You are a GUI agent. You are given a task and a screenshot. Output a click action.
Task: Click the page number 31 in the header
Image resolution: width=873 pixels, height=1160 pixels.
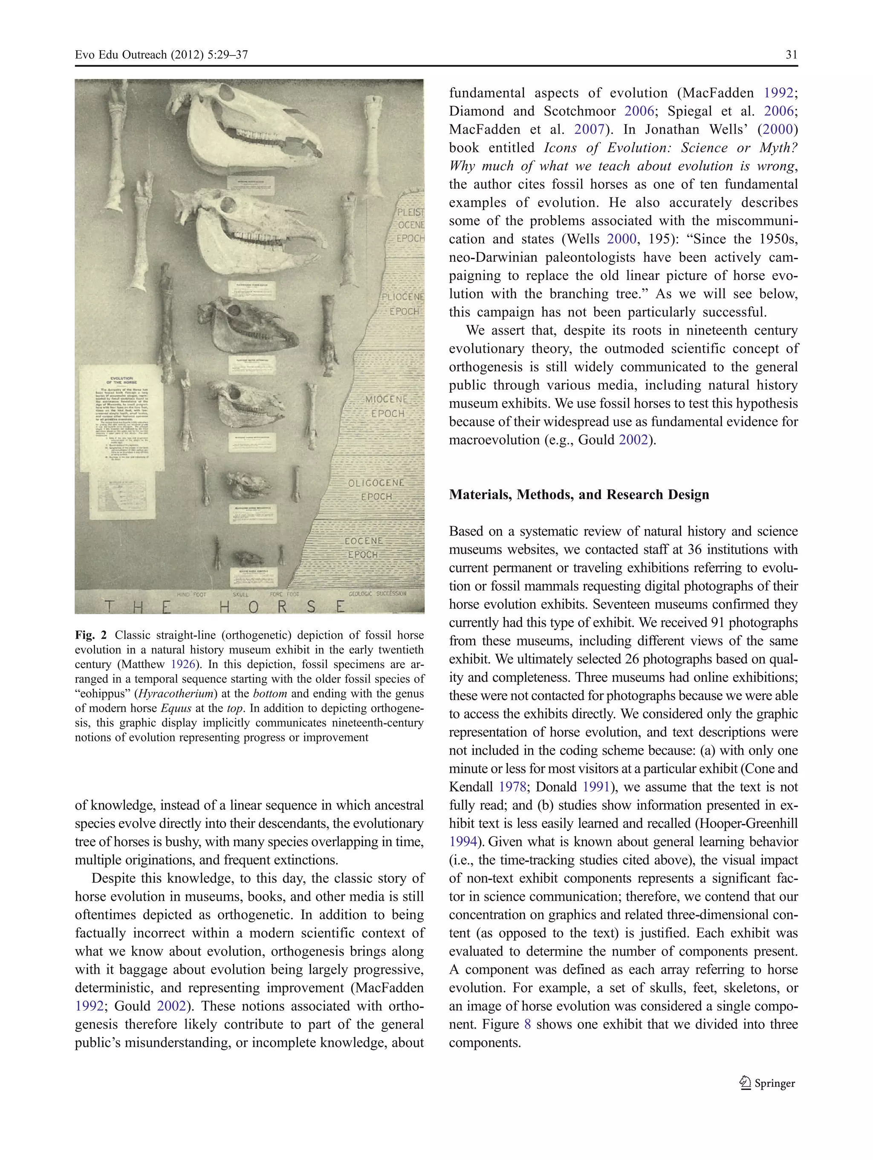791,55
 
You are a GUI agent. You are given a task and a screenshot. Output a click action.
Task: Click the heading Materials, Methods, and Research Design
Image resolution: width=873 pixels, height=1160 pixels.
579,495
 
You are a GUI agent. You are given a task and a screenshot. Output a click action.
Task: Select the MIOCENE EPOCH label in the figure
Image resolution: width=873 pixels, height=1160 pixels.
387,406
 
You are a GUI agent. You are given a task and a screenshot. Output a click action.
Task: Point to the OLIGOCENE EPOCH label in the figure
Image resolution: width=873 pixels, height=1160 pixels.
376,489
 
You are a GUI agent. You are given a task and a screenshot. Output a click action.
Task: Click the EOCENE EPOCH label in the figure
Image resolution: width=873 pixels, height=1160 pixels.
363,547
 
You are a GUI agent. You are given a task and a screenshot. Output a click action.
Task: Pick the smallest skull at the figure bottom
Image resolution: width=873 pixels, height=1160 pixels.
249,558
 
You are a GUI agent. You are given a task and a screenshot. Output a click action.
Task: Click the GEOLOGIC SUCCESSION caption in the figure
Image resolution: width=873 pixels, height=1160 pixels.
377,593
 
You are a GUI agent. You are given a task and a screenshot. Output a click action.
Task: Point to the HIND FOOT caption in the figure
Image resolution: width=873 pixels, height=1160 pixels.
191,595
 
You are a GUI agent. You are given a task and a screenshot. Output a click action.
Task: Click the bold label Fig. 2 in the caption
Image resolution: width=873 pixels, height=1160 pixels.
91,635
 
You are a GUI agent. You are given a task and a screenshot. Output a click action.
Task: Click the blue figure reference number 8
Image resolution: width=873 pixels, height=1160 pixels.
527,1024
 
